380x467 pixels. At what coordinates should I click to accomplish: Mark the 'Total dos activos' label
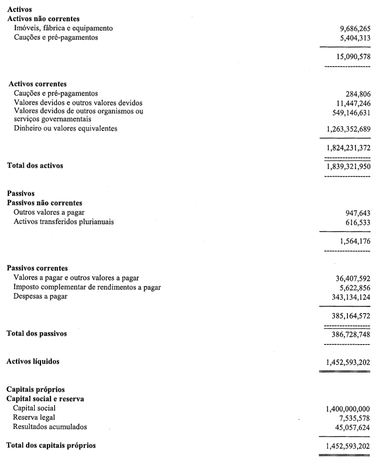click(x=35, y=165)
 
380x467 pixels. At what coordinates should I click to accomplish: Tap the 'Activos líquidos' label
click(x=33, y=362)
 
